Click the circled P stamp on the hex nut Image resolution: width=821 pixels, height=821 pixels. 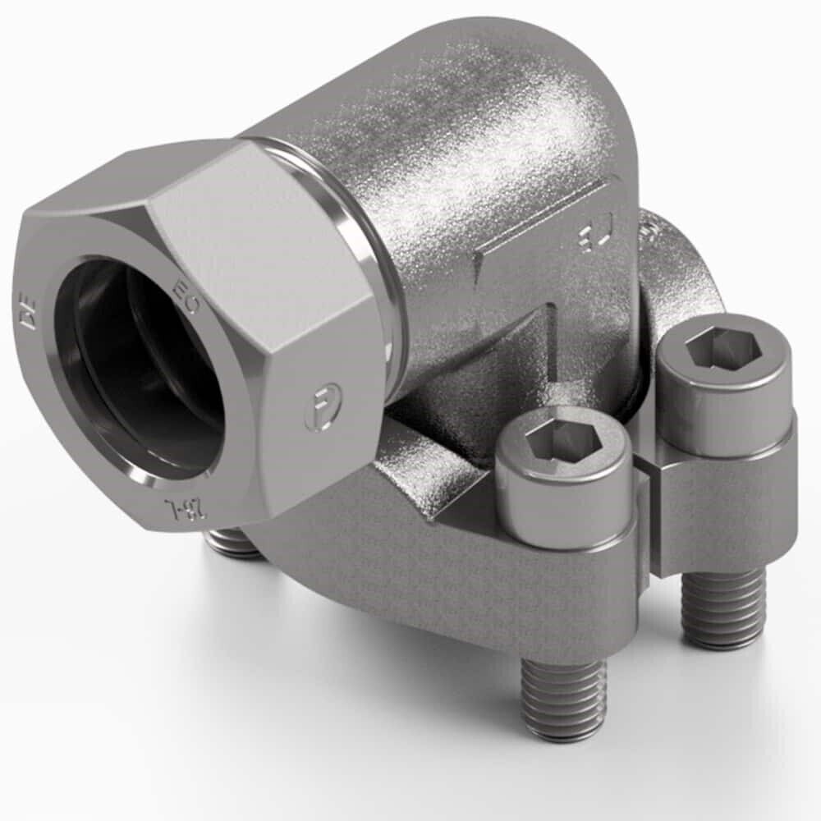pos(322,407)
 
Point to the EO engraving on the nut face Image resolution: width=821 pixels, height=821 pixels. pos(186,296)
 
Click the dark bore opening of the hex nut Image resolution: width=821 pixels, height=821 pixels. pos(140,369)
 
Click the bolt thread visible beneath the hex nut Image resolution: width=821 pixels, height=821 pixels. pos(233,544)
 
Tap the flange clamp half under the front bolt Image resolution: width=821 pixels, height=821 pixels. pos(460,575)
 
